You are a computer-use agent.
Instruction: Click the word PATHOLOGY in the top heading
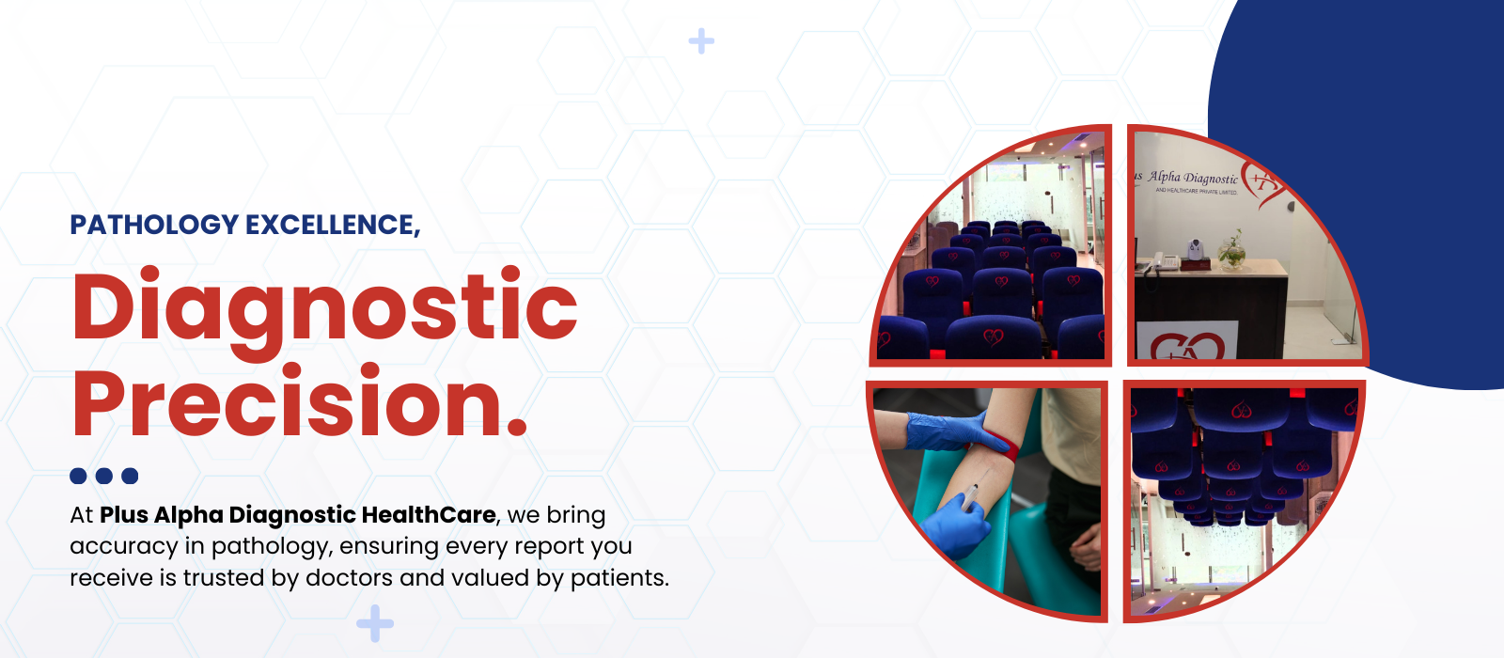154,225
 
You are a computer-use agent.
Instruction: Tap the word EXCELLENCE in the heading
333,226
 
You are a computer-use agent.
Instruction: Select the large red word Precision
300,401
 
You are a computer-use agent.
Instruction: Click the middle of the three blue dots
104,476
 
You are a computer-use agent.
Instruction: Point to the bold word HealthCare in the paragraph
429,515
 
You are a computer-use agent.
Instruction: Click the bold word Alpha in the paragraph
189,516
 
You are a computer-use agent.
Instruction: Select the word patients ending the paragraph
619,579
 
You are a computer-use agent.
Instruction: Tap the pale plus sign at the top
701,41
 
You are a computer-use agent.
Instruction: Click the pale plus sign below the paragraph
375,624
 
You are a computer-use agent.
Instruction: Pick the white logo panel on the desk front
1187,340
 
